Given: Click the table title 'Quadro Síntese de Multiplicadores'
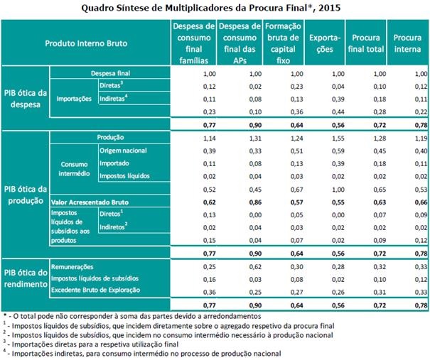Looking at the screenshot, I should click(214, 9).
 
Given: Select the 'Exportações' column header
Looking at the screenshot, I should click(326, 43).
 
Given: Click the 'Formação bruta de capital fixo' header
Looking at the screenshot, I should click(282, 43).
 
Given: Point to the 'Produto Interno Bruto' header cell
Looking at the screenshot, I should click(85, 43).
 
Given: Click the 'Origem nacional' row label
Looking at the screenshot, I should click(124, 151).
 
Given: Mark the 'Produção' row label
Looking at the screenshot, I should click(110, 137).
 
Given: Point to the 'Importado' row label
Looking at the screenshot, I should click(115, 163).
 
